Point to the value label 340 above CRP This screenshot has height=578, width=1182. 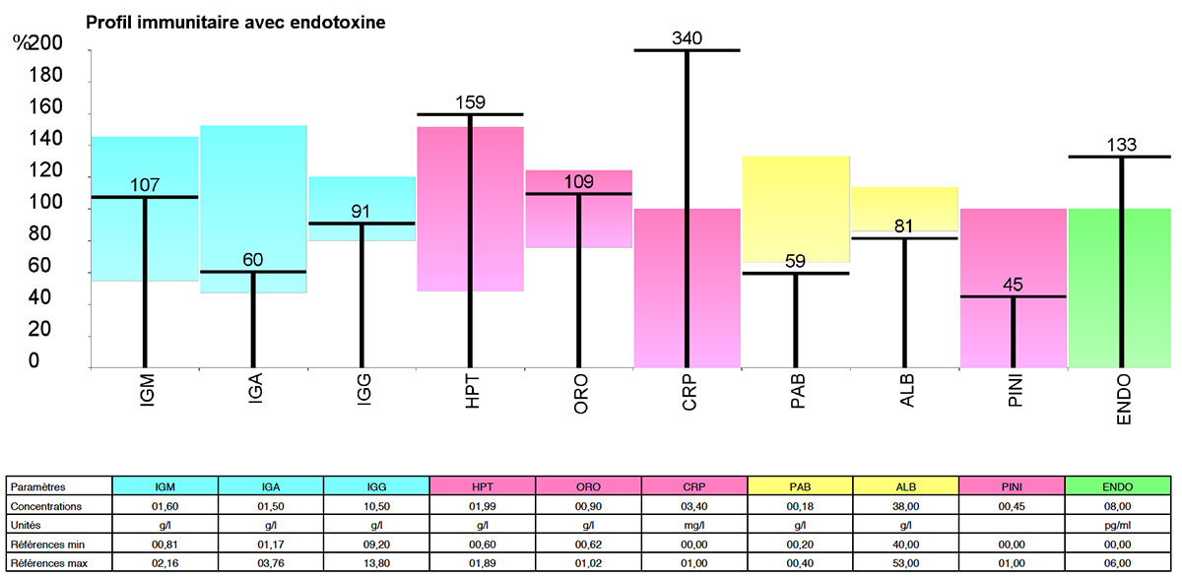point(687,38)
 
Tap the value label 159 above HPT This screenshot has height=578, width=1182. point(470,103)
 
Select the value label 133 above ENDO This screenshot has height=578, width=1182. point(1121,145)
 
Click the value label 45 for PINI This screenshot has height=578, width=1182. point(1013,286)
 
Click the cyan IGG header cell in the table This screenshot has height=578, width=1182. point(376,486)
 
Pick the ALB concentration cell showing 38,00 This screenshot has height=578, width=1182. point(905,505)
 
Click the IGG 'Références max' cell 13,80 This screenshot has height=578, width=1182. point(376,561)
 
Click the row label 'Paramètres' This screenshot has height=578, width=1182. point(35,486)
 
